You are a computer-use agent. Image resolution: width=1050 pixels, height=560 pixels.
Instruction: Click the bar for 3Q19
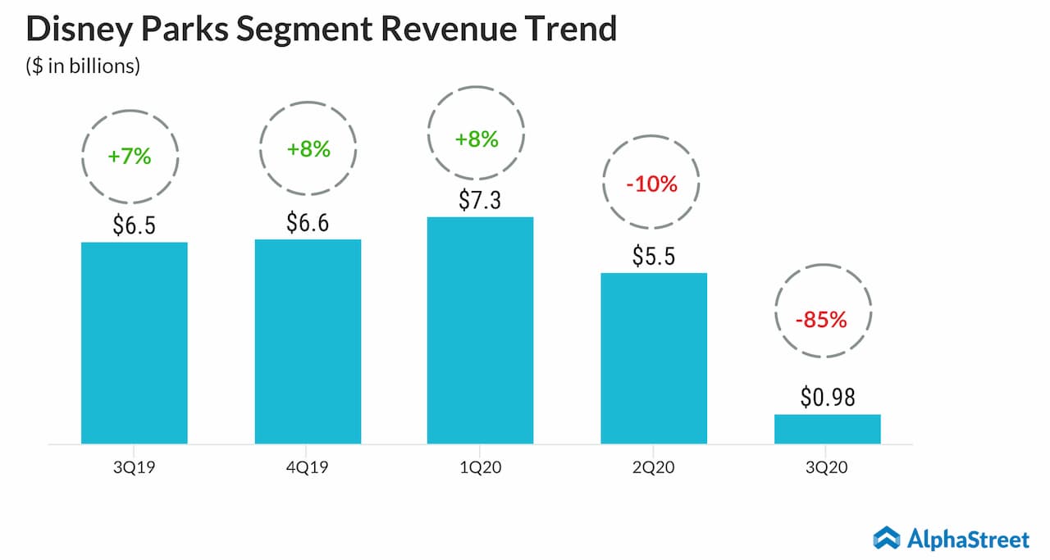tap(135, 343)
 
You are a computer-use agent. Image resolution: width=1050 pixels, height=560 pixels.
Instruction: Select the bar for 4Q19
tap(308, 341)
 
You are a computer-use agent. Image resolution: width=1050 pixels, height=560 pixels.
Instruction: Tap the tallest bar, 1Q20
tap(480, 330)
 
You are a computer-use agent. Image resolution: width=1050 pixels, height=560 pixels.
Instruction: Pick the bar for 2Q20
tap(654, 358)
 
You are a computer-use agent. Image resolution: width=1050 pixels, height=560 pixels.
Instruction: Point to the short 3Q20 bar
tap(827, 429)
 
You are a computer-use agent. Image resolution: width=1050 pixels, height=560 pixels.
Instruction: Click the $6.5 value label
tap(135, 225)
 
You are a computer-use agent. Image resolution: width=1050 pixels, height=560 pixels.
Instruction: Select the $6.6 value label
tap(308, 222)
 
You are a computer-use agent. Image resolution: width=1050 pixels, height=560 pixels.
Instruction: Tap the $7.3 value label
tap(480, 200)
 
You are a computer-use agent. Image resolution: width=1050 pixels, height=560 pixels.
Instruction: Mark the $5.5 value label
tap(654, 256)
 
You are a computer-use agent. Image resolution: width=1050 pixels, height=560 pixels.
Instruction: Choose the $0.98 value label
tap(827, 398)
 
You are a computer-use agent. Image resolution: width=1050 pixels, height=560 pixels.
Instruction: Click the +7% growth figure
tap(130, 156)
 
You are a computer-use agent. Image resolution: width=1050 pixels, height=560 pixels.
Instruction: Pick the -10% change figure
tap(651, 184)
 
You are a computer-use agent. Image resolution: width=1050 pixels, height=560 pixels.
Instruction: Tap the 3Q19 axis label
tap(135, 469)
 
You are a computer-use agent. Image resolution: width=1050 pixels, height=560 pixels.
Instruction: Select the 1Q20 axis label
tap(480, 469)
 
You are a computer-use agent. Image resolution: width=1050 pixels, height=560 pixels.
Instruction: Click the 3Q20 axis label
tap(827, 469)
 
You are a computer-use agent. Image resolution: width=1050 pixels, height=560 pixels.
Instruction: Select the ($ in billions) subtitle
tap(82, 66)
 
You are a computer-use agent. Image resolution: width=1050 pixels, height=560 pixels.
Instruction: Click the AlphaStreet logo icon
tap(886, 538)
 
